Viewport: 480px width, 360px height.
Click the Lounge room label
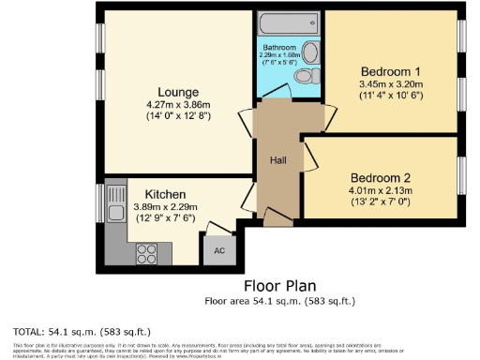point(177,92)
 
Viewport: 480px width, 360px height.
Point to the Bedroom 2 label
point(381,177)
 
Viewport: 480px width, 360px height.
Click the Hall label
point(279,160)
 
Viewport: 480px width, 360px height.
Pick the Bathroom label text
point(279,47)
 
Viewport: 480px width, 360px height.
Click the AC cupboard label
point(218,250)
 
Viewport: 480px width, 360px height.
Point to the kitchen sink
point(115,202)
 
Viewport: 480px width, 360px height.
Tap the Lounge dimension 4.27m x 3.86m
point(177,105)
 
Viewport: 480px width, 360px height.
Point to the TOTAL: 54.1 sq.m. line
point(82,332)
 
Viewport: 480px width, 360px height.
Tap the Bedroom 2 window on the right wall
point(460,177)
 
